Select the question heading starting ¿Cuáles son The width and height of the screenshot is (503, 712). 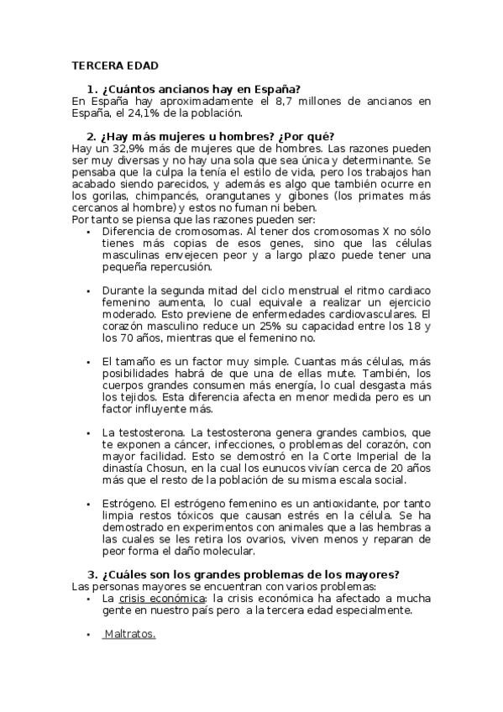249,574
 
